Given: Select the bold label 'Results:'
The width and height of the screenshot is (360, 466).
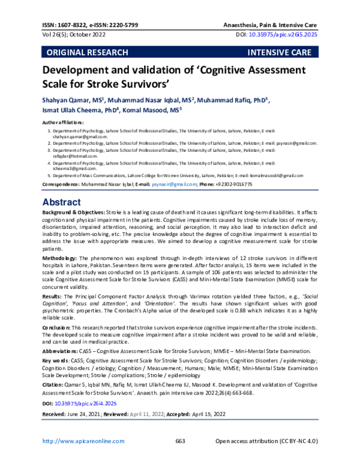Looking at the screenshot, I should click(53, 297).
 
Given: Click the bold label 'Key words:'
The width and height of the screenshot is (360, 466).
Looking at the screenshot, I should click(55, 360).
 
